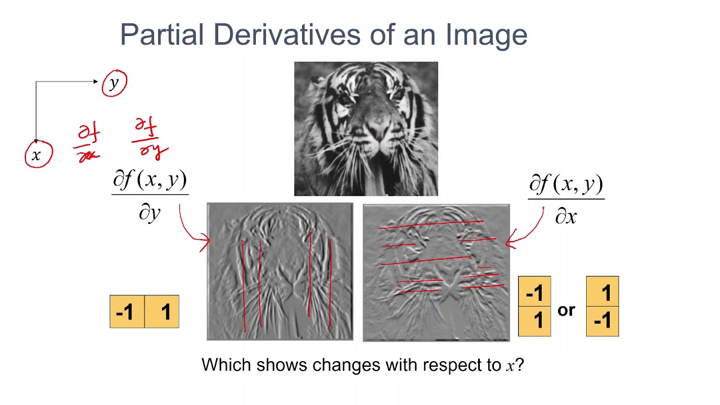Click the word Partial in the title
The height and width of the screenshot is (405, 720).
tap(162, 35)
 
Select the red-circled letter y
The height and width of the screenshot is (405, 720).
tap(115, 83)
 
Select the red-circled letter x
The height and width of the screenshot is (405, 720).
tap(37, 155)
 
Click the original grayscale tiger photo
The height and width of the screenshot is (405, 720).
tap(366, 129)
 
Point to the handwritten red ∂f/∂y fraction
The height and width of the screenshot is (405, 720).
tap(150, 138)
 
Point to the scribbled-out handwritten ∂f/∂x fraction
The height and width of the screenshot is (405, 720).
tap(88, 144)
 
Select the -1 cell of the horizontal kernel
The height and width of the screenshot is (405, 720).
tap(127, 312)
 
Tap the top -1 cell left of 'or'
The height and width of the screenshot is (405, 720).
tap(534, 292)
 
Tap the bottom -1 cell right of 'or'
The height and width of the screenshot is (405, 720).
tap(602, 321)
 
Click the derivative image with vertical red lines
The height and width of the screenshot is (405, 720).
tap(280, 272)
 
